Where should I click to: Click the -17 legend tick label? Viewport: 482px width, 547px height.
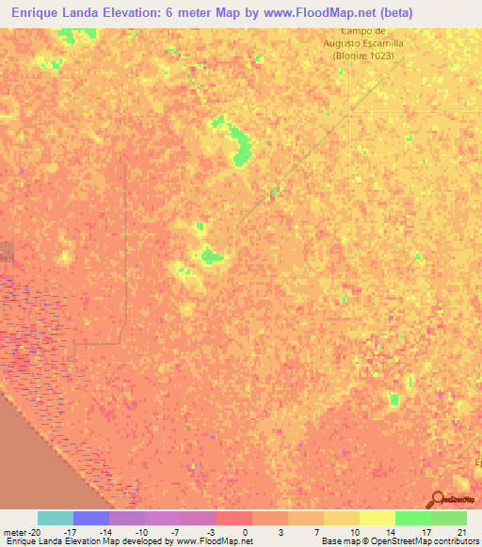70,532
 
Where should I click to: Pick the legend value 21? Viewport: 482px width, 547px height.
460,532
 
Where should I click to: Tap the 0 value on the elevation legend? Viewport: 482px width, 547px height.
247,532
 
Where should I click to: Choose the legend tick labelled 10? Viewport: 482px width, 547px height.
353,532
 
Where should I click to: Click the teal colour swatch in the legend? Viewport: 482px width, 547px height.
55,518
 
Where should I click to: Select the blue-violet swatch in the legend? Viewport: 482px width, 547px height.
90,518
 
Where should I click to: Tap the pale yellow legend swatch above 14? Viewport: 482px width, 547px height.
377,518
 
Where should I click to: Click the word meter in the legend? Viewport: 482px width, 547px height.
13,532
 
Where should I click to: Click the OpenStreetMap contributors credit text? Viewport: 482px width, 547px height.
424,541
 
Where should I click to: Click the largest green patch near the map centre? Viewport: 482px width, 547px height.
212,255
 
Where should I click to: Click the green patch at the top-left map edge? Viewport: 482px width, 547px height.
67,35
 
